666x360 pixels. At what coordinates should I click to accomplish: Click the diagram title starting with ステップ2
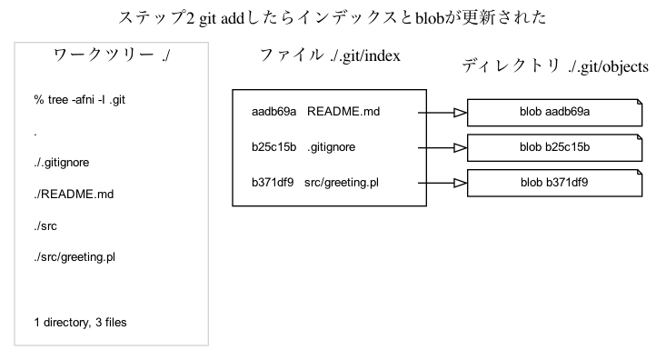(x=333, y=17)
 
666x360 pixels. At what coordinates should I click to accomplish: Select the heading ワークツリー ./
(x=113, y=58)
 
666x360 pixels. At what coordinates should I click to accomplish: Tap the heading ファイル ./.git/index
(x=330, y=58)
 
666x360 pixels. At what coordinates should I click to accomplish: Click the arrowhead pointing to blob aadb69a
(x=459, y=113)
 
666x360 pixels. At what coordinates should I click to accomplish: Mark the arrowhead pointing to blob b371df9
(x=459, y=182)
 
